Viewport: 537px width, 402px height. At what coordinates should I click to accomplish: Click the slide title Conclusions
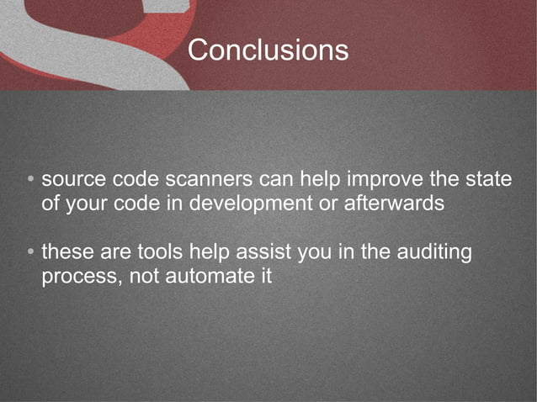pos(268,50)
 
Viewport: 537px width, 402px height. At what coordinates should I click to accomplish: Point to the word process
pos(79,276)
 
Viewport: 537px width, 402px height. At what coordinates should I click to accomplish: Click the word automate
pos(210,275)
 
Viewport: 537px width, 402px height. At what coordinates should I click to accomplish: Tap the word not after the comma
pos(149,275)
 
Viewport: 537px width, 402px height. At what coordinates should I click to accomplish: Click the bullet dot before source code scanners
pos(29,181)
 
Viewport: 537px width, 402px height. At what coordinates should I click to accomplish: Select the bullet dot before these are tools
pos(29,252)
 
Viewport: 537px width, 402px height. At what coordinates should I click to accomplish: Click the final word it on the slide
pos(265,275)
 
